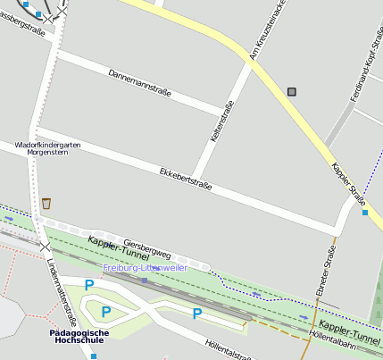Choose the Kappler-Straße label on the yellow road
tap(348, 182)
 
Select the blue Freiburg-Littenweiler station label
tap(145, 267)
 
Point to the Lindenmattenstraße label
tap(61, 283)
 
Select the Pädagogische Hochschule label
tap(79, 337)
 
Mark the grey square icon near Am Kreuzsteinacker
tap(292, 91)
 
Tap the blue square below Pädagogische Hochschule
tap(93, 356)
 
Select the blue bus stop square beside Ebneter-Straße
tap(364, 213)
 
